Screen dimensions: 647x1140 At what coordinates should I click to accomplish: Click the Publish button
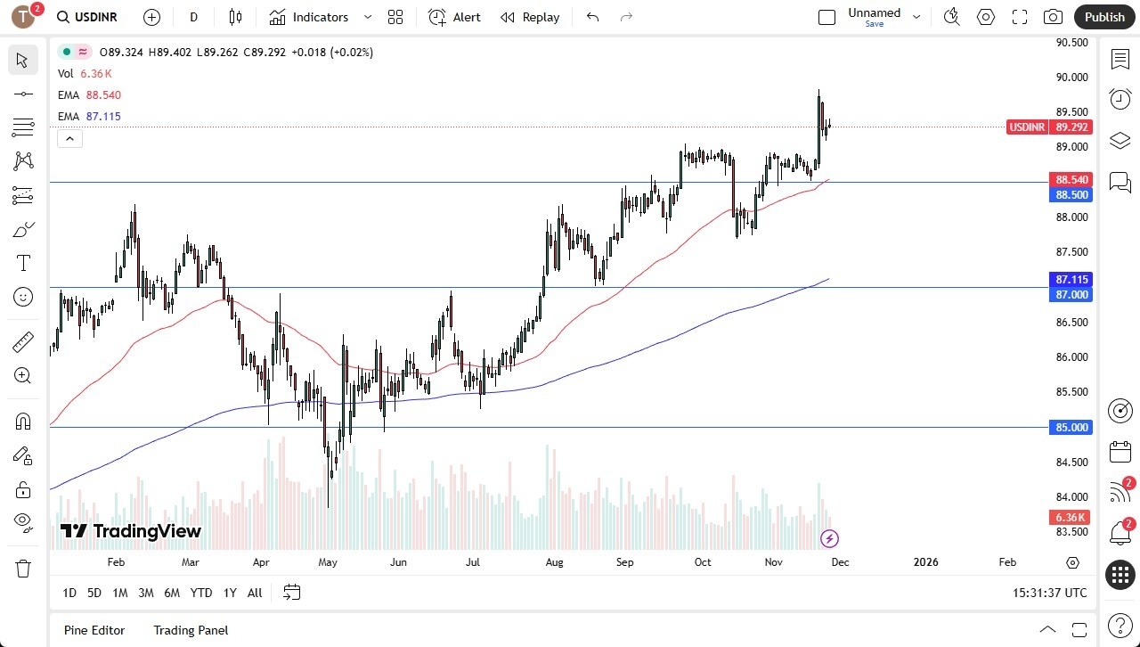(x=1104, y=17)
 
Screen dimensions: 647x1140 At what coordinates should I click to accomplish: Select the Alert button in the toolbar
(x=454, y=17)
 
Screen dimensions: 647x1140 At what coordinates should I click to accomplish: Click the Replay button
(x=530, y=17)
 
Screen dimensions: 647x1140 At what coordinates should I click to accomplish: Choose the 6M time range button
(x=172, y=593)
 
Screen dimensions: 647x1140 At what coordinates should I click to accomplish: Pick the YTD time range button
(x=201, y=593)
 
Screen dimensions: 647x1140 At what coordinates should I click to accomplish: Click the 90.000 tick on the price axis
(x=1071, y=78)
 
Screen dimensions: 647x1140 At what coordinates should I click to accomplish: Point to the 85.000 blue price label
(x=1071, y=428)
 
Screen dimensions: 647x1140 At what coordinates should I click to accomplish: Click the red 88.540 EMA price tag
(x=1071, y=179)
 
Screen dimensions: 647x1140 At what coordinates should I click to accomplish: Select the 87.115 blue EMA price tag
(x=1071, y=279)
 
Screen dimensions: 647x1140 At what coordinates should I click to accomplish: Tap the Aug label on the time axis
(x=554, y=562)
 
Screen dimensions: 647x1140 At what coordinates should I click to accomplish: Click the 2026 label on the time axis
(x=926, y=562)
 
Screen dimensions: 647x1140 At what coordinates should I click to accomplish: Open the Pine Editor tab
(x=94, y=630)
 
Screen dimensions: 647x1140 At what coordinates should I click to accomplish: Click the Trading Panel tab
(x=191, y=630)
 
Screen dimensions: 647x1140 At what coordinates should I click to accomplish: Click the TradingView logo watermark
(x=131, y=532)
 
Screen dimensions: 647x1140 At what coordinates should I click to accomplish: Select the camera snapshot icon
(x=1053, y=17)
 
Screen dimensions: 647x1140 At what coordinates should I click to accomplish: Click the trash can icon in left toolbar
(x=23, y=568)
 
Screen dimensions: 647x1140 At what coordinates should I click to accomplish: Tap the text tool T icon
(x=23, y=263)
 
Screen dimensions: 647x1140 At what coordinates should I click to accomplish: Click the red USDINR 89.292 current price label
(x=1049, y=127)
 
